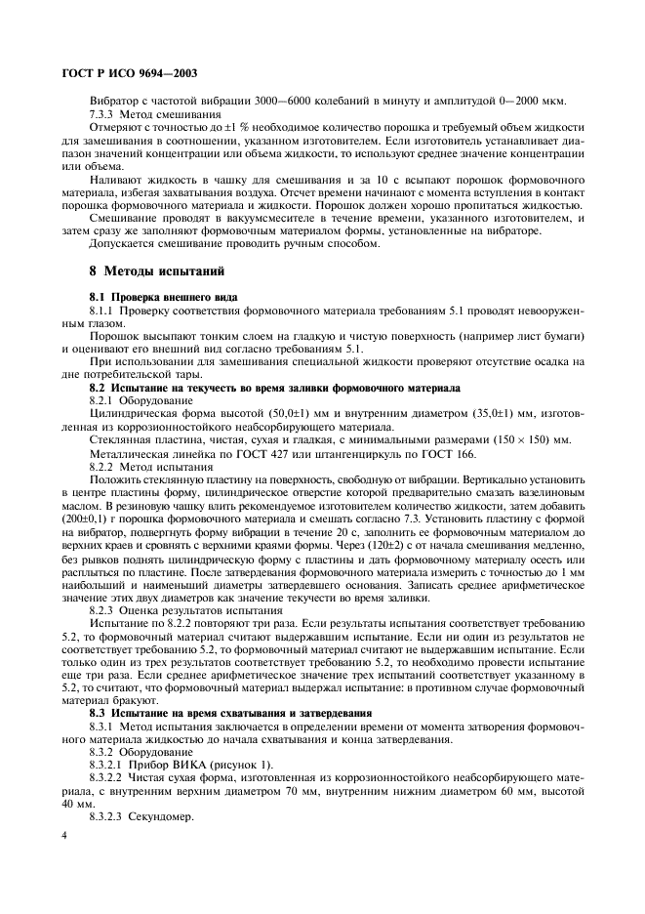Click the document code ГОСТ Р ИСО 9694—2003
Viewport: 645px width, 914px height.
point(125,74)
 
